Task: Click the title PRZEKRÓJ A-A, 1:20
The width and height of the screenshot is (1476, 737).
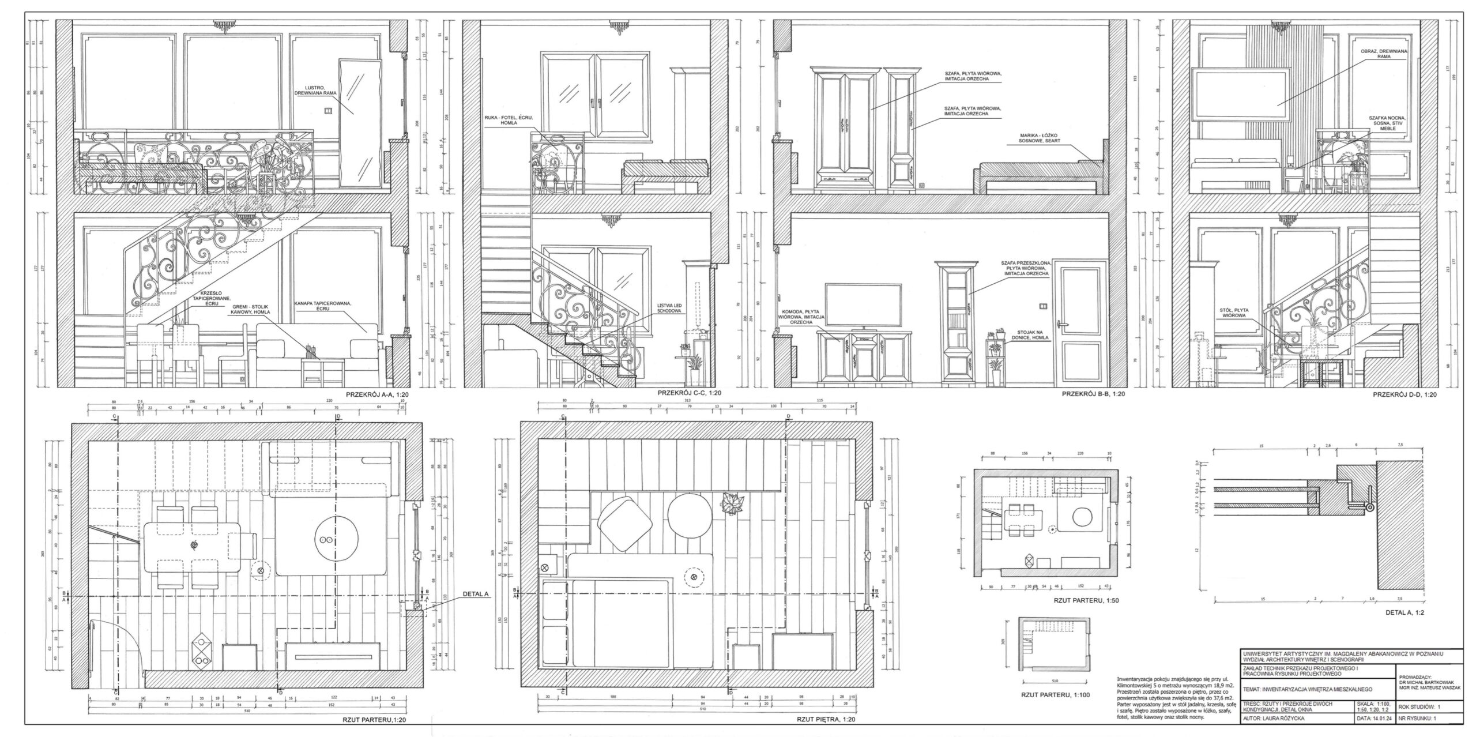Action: coord(378,395)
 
